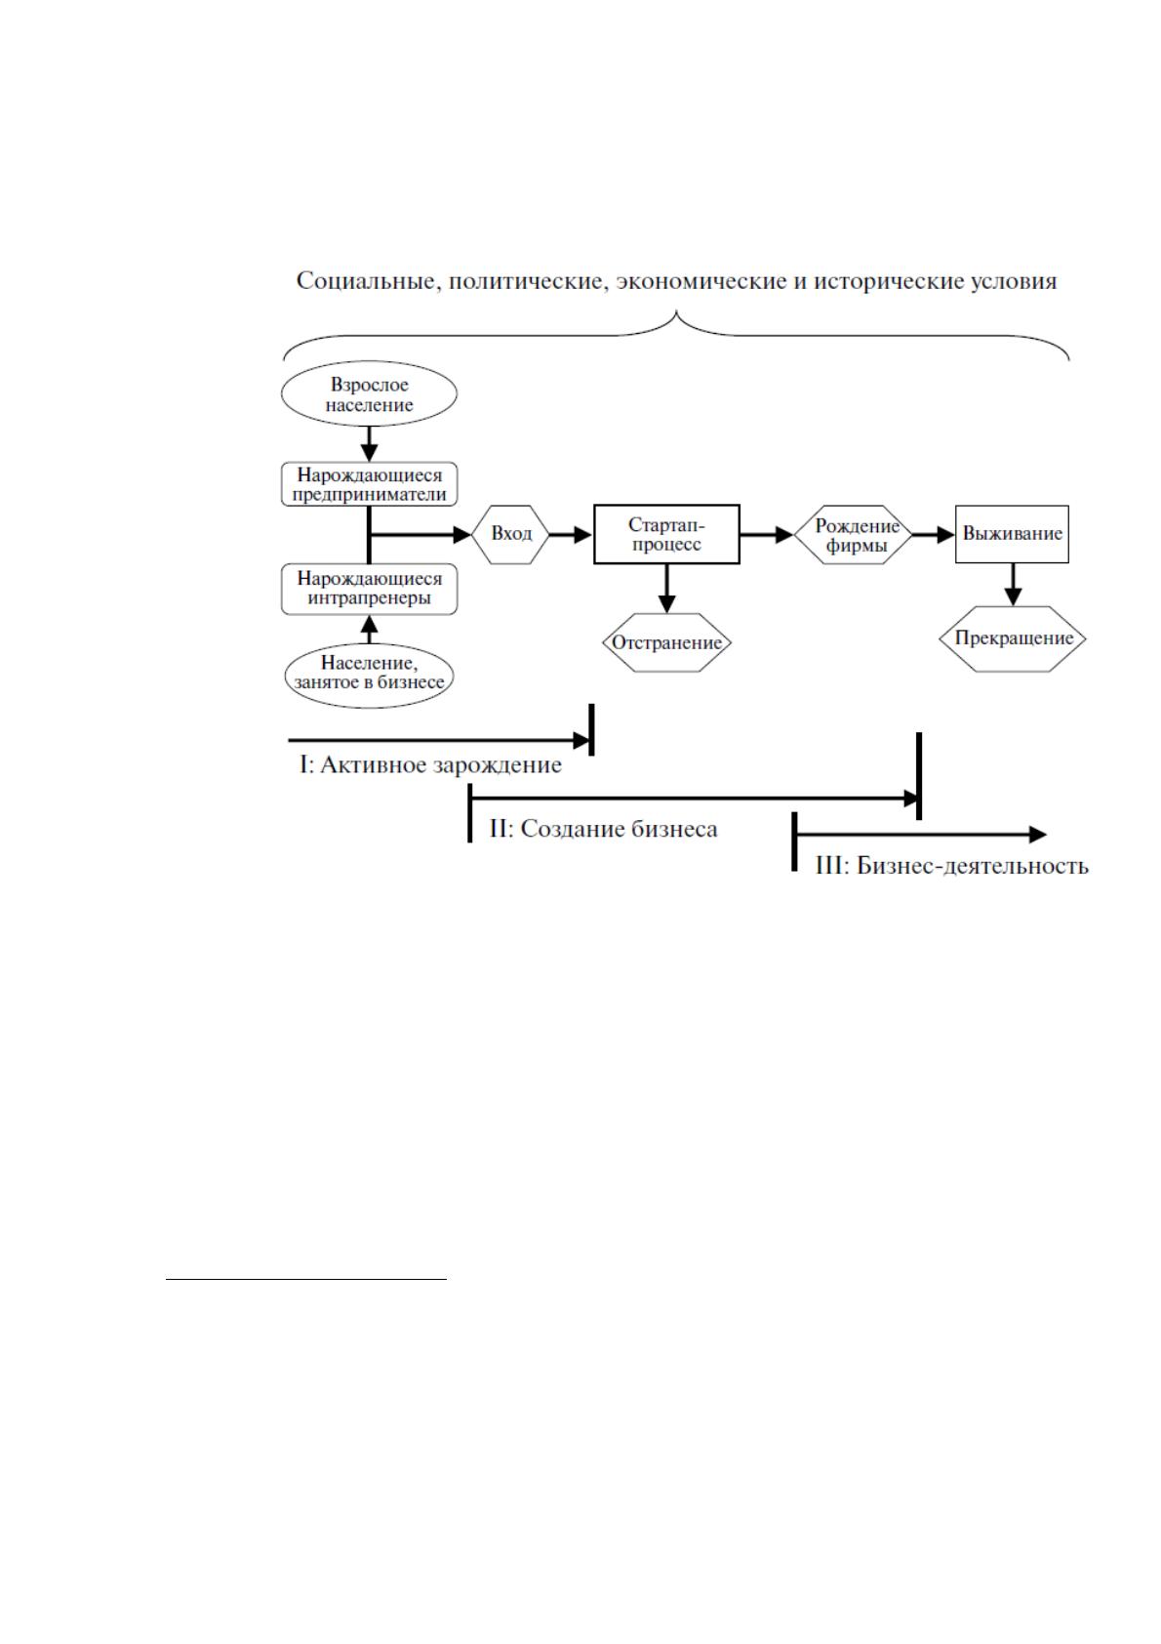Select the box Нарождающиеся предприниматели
pos(369,484)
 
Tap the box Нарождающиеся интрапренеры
pos(369,589)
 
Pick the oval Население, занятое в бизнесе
pos(369,675)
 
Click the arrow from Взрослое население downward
pos(369,443)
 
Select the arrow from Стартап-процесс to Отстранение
pos(666,589)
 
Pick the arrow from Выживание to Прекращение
pos(1013,585)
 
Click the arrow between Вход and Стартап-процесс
pos(571,534)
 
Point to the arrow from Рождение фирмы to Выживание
pos(933,534)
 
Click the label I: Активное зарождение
pos(430,764)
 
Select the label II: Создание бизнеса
pos(603,830)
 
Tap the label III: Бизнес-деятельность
pos(952,866)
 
